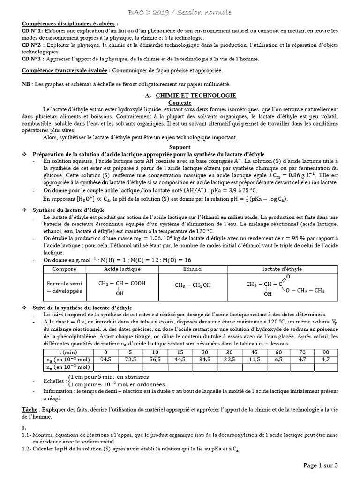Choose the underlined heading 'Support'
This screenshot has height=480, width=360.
tap(180, 147)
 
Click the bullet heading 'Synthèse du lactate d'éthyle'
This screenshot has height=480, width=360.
tap(68, 210)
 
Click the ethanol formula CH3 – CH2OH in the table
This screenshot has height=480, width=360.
tap(193, 285)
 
